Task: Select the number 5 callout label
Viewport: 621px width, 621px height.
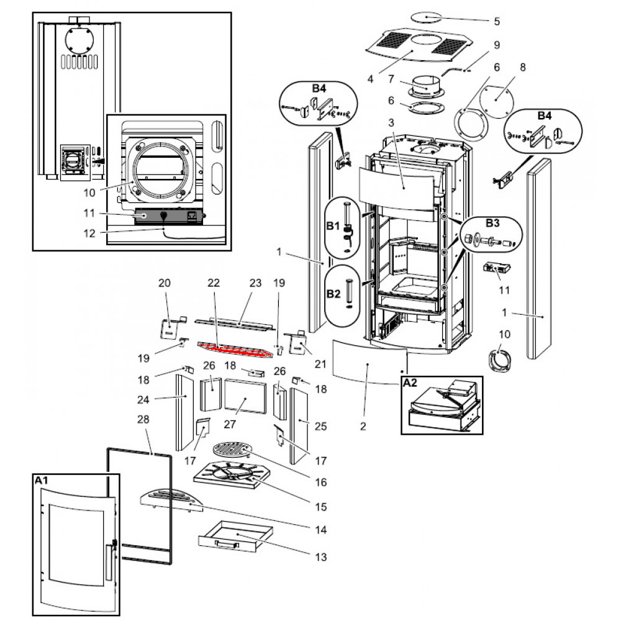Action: pyautogui.click(x=496, y=21)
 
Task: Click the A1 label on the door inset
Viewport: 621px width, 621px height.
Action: pyautogui.click(x=40, y=480)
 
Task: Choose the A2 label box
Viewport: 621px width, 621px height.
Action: pyautogui.click(x=410, y=383)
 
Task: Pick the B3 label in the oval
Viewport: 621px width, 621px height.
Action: pyautogui.click(x=492, y=222)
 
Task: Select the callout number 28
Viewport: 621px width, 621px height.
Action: pyautogui.click(x=143, y=420)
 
